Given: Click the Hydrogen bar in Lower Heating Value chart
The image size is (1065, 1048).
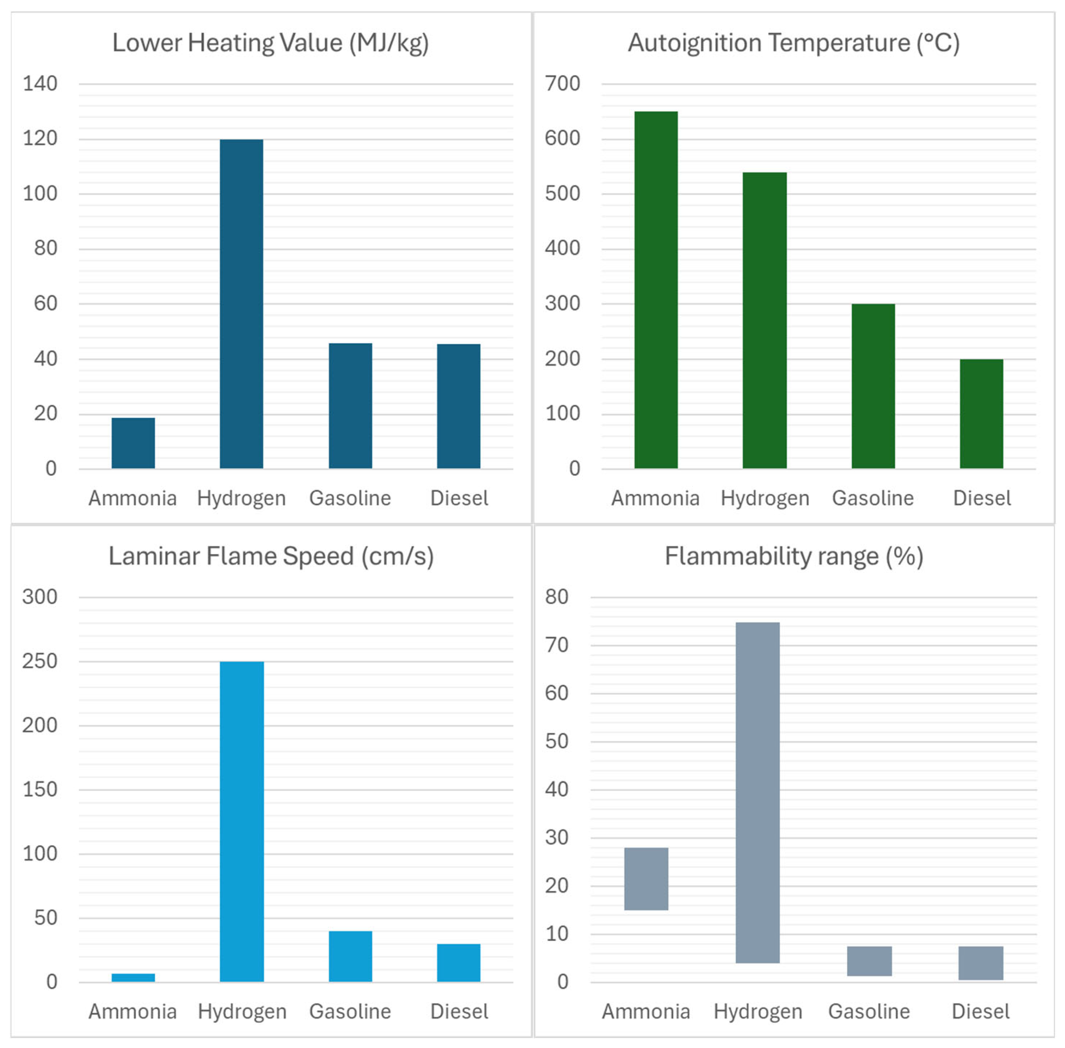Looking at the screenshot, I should pyautogui.click(x=241, y=303).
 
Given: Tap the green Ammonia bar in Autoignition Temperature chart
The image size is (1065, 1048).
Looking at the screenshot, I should pyautogui.click(x=656, y=289).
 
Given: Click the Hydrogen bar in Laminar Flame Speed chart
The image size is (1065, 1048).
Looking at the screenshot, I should pyautogui.click(x=241, y=821).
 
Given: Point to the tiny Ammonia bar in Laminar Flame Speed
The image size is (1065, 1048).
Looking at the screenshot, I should pyautogui.click(x=133, y=977).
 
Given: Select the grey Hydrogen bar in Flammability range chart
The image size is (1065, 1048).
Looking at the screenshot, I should pyautogui.click(x=757, y=793).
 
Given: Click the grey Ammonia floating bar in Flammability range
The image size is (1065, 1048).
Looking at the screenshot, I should pyautogui.click(x=646, y=878).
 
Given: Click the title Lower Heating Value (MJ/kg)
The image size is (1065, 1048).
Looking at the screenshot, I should pyautogui.click(x=270, y=43).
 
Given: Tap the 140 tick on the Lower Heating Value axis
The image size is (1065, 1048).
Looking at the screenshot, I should pyautogui.click(x=40, y=83).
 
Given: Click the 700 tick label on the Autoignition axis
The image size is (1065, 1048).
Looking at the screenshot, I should pyautogui.click(x=562, y=83).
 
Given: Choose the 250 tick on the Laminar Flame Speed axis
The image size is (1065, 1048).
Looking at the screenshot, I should pyautogui.click(x=40, y=661).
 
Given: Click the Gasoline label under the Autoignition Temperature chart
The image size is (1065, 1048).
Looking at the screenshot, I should pyautogui.click(x=872, y=498).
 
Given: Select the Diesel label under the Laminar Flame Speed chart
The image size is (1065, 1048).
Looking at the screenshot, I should pyautogui.click(x=459, y=1011).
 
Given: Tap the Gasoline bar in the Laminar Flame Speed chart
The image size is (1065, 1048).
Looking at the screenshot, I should pyautogui.click(x=350, y=956).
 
